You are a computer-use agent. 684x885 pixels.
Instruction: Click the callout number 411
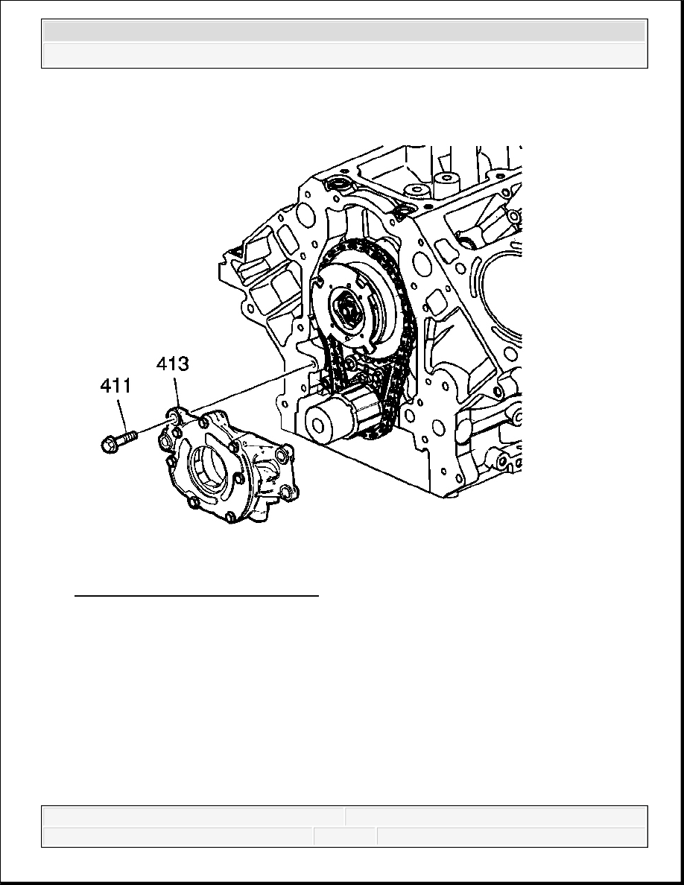(115, 386)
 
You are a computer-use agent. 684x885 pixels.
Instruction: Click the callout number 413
(172, 364)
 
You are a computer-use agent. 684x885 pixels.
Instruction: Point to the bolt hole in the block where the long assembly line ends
(310, 365)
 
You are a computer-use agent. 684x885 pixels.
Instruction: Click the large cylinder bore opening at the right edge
(502, 304)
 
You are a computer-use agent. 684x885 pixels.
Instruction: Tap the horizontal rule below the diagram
(197, 595)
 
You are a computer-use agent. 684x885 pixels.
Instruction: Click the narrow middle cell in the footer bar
(346, 837)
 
